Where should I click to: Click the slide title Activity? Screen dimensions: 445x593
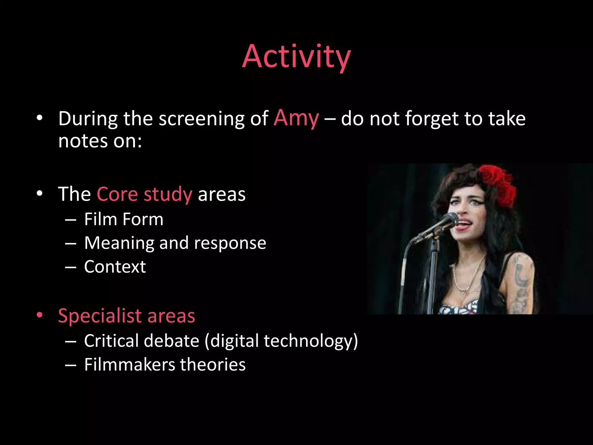(296, 56)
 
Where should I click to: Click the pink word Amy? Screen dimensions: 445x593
(296, 118)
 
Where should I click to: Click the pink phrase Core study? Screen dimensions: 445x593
(144, 194)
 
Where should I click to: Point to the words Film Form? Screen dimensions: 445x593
(124, 219)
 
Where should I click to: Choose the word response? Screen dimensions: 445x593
(230, 243)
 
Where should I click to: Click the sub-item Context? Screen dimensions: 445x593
(115, 267)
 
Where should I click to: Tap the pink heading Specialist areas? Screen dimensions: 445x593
(127, 316)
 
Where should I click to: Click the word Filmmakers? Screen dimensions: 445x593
(129, 365)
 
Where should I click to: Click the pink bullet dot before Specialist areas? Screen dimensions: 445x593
(40, 315)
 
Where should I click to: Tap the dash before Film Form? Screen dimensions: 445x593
(71, 220)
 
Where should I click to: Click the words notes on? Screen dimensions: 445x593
(100, 141)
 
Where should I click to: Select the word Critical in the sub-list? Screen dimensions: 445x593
(111, 341)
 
